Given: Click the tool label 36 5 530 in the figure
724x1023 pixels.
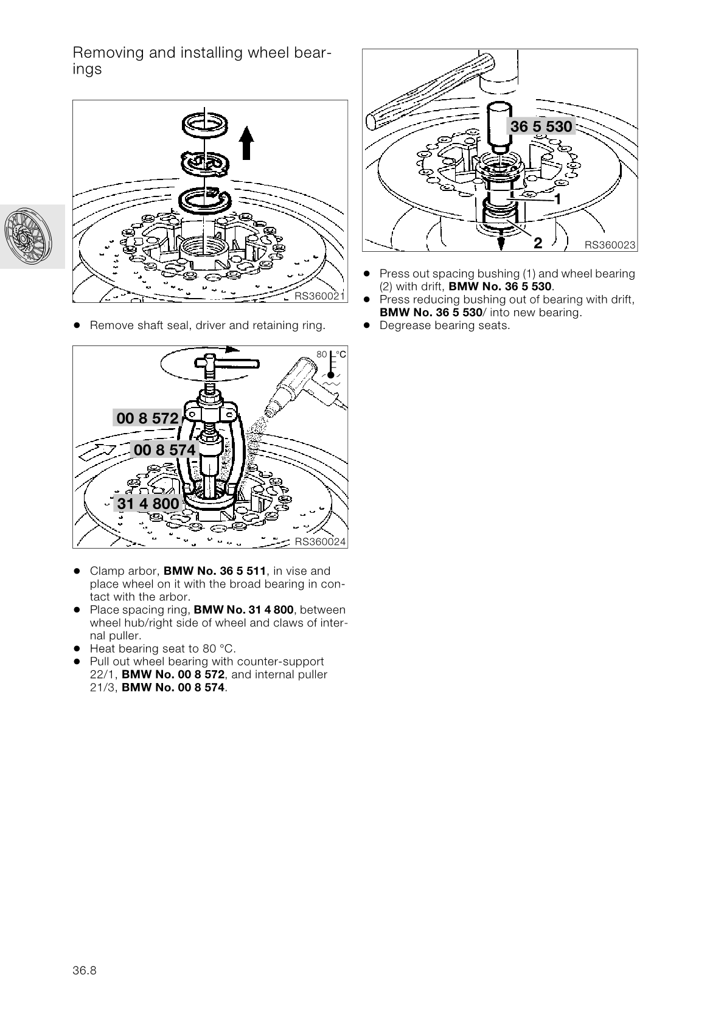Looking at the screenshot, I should click(x=541, y=127).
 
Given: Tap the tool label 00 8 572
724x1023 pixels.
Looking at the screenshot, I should click(x=147, y=418).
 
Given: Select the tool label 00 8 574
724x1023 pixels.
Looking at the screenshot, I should click(x=164, y=450).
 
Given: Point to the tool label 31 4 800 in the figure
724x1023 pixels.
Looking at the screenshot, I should click(x=148, y=504).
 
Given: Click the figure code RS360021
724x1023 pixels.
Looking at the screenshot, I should click(x=319, y=296).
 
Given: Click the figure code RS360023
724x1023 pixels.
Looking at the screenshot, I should click(x=610, y=245).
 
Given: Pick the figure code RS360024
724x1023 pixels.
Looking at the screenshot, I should click(x=319, y=542).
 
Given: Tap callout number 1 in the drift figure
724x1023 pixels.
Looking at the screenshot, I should click(x=557, y=199).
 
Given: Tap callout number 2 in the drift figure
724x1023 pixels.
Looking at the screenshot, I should click(x=538, y=243).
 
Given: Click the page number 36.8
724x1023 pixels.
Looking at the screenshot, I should click(x=85, y=970).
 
